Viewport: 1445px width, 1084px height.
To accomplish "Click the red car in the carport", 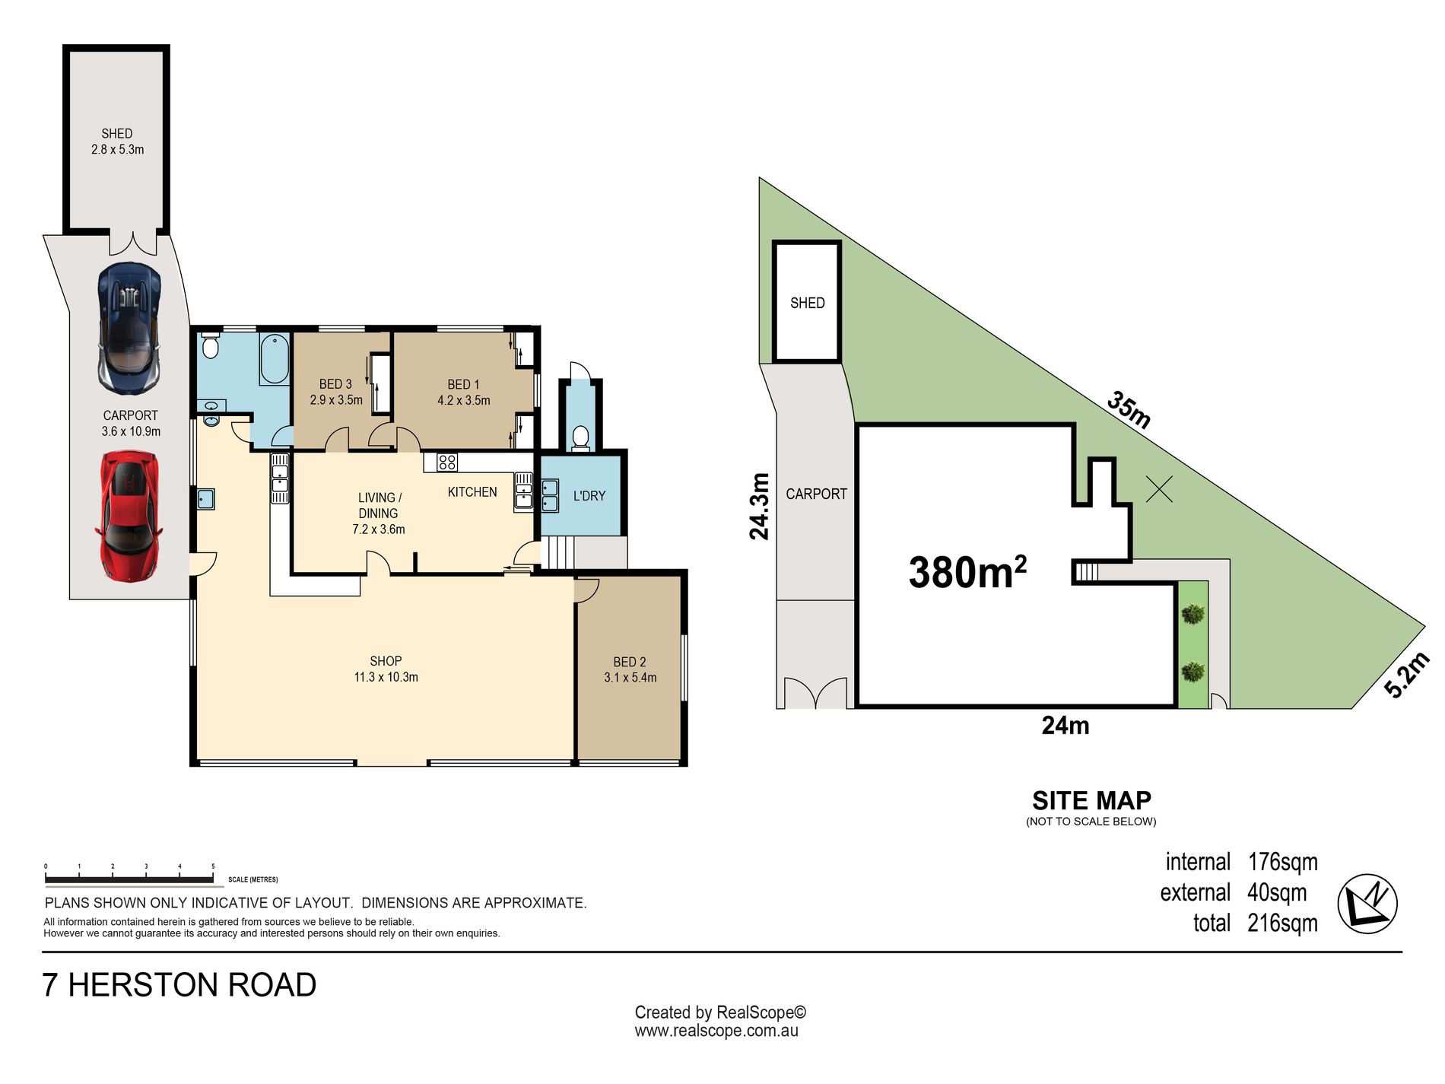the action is tap(129, 516).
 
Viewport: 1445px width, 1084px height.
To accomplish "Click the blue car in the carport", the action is tap(129, 329).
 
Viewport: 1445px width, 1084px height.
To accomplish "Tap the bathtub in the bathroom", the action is tap(275, 358).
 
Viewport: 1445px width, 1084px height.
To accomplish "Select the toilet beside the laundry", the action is tap(580, 438).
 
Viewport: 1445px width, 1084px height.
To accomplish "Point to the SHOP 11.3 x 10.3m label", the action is tap(386, 669).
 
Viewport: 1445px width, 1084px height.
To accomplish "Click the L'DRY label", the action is tap(589, 496).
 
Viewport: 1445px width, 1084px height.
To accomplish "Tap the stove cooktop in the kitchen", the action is tap(447, 462).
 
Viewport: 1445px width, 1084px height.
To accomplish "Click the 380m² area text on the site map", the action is tap(967, 571).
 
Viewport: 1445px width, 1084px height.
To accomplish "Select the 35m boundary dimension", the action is tap(1129, 409).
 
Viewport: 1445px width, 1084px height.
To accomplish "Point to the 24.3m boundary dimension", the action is tap(759, 507).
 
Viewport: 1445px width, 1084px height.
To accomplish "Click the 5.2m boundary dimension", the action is tap(1407, 674).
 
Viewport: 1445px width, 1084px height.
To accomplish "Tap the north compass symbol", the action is tap(1367, 904).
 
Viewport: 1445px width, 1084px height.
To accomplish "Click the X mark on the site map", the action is tap(1159, 489).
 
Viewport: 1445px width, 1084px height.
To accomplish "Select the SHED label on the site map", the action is tap(807, 303).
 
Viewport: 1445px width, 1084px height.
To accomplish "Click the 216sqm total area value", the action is tap(1282, 923).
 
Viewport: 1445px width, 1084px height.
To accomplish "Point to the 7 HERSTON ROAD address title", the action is tap(179, 985).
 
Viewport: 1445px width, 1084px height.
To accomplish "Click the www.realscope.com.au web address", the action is tap(716, 1031).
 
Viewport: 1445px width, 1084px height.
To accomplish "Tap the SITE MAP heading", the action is tap(1091, 800).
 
